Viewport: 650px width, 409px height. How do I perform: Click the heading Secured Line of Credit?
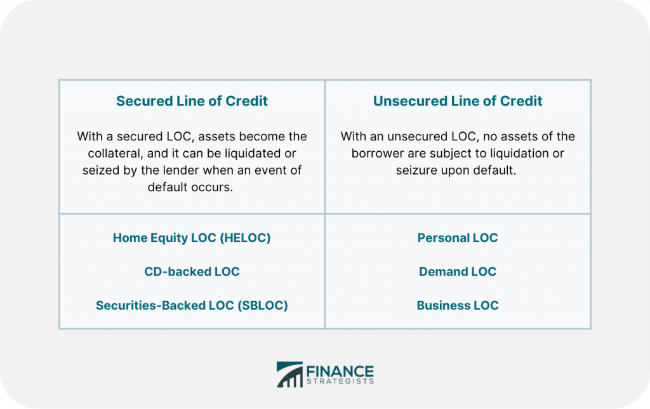(x=192, y=101)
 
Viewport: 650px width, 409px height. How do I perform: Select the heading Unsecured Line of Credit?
(x=458, y=101)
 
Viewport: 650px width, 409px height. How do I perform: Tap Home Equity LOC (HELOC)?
(x=192, y=238)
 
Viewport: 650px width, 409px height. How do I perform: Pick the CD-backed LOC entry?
(x=192, y=272)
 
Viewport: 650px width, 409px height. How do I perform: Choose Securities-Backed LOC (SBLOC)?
(x=192, y=305)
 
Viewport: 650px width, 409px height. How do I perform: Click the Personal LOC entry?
(x=458, y=238)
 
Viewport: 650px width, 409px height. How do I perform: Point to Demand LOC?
(x=458, y=272)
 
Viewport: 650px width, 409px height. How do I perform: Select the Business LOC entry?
(x=458, y=305)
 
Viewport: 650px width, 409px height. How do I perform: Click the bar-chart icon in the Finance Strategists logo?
(x=289, y=375)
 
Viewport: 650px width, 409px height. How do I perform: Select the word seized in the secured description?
(x=102, y=170)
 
